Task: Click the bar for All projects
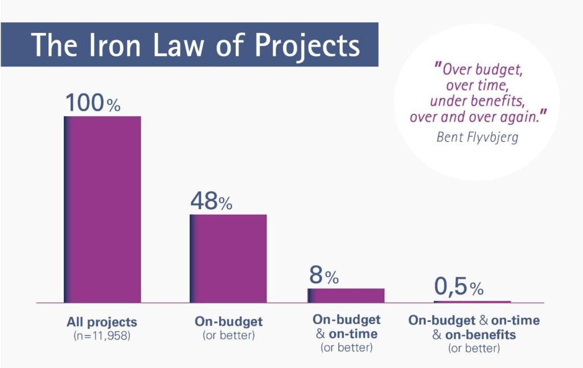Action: [x=102, y=210]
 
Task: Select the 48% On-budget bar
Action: [x=228, y=259]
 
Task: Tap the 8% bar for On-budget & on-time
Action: [x=346, y=296]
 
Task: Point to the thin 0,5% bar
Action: [x=472, y=302]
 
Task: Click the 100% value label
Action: [x=93, y=103]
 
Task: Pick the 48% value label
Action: [x=211, y=201]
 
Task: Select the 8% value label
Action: [x=324, y=275]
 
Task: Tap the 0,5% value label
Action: [x=459, y=287]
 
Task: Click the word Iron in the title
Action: [x=114, y=45]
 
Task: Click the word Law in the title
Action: [x=178, y=45]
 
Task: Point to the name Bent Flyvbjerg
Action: [x=478, y=137]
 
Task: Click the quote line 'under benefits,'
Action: [x=478, y=101]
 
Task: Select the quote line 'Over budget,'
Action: [x=479, y=69]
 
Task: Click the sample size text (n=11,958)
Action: [x=102, y=336]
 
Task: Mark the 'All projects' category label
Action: [x=102, y=322]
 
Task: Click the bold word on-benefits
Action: [x=481, y=335]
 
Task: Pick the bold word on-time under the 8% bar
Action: [x=353, y=334]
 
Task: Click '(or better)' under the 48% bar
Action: [x=229, y=336]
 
